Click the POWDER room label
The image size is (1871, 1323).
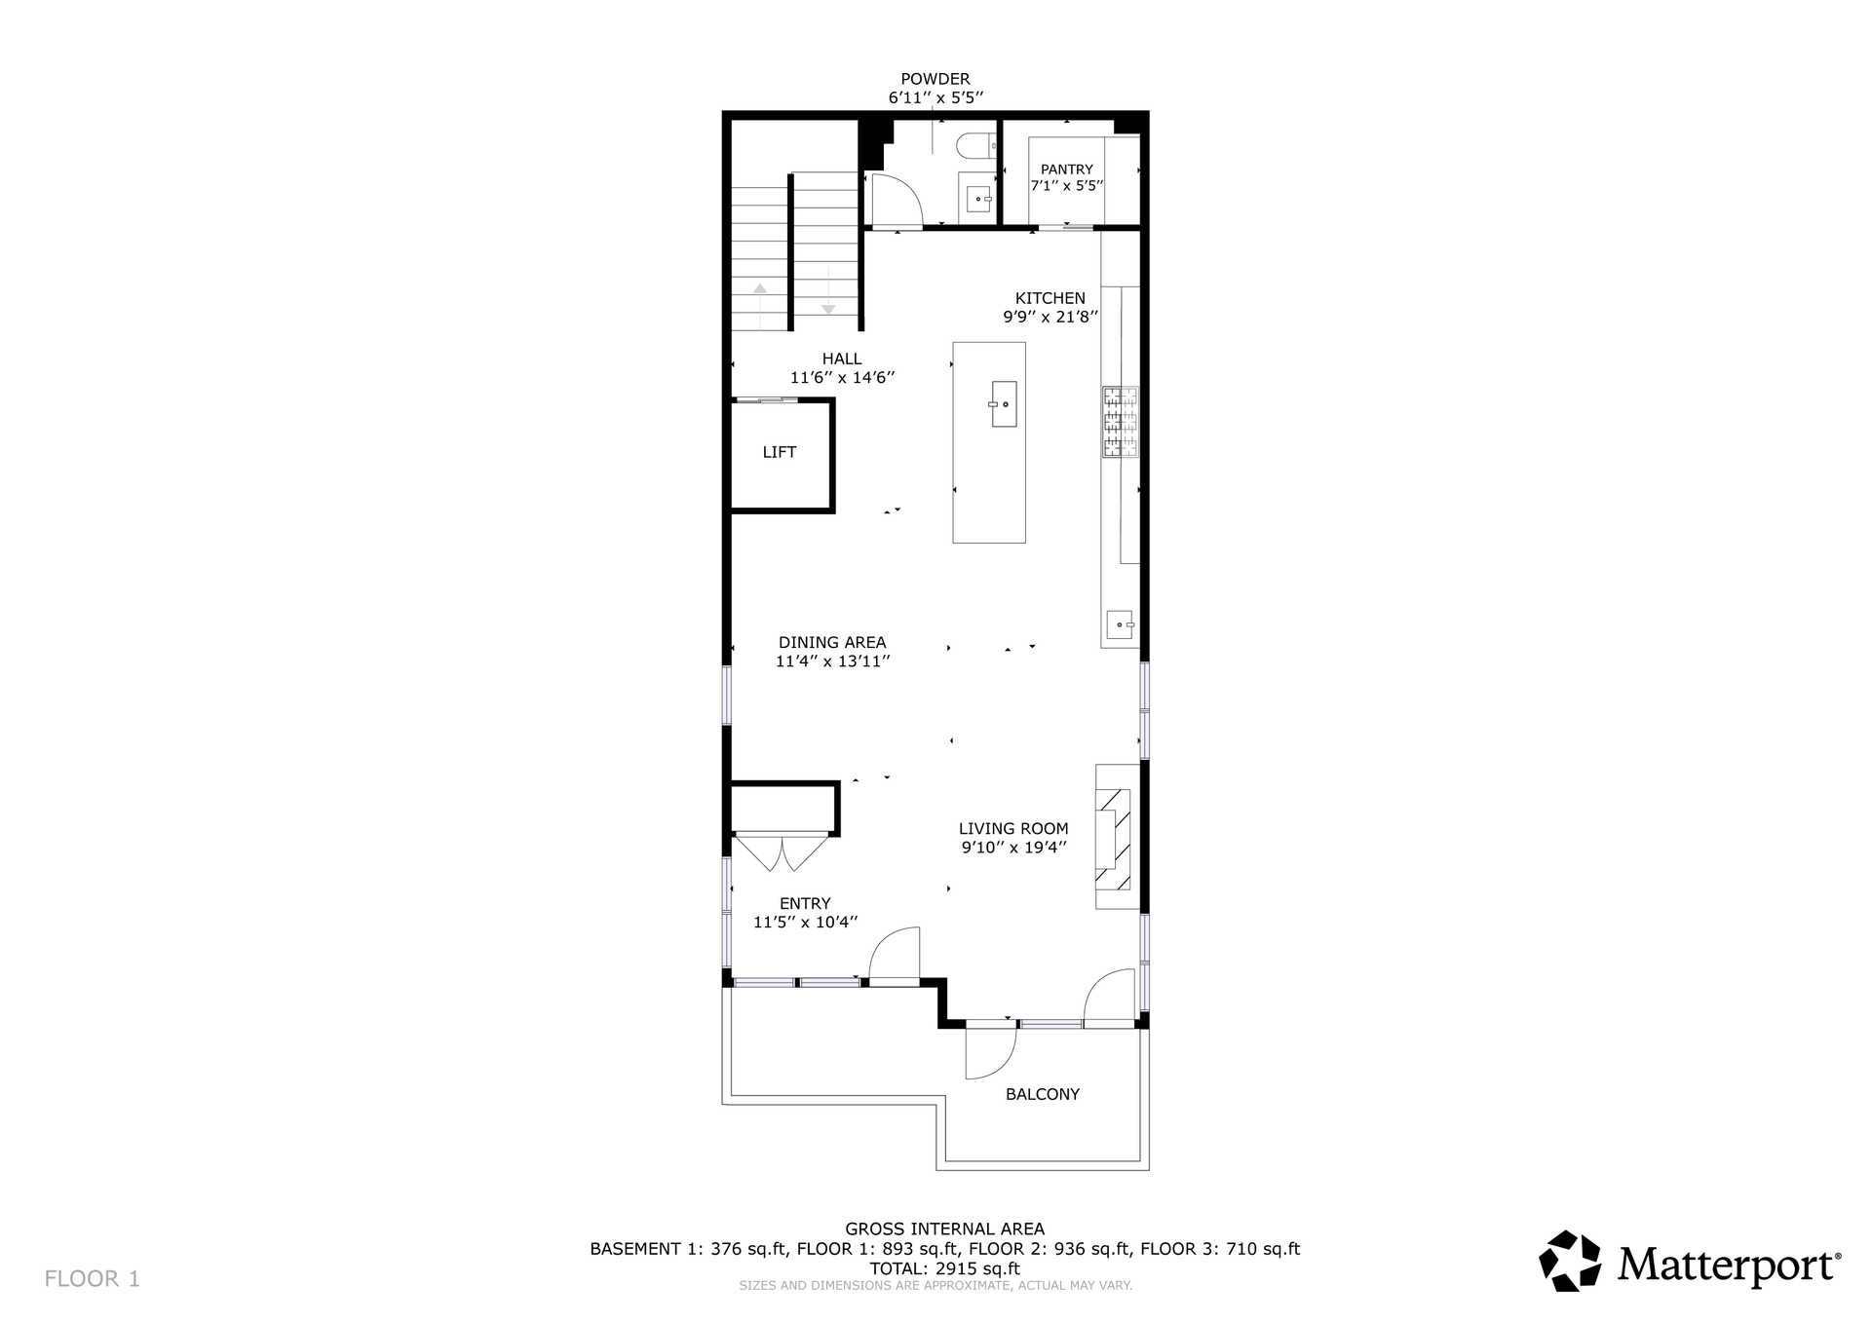click(x=935, y=79)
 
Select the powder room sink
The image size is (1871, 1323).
click(x=978, y=198)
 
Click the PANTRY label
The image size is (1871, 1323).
click(x=1067, y=170)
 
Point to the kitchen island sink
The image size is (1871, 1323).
click(x=1004, y=403)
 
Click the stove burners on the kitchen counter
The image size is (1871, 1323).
click(x=1121, y=422)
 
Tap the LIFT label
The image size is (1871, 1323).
click(x=780, y=452)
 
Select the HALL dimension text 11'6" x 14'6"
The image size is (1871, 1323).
click(x=842, y=378)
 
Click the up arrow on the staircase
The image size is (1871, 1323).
click(x=759, y=301)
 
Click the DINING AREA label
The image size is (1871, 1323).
click(x=832, y=642)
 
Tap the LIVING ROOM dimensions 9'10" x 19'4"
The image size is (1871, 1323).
click(x=1014, y=848)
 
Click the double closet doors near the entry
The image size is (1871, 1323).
click(x=783, y=852)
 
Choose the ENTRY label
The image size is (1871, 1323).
click(x=805, y=903)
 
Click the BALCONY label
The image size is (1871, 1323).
click(x=1043, y=1094)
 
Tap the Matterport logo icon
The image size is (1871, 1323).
click(x=1570, y=1262)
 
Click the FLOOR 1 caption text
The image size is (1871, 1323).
click(x=93, y=1279)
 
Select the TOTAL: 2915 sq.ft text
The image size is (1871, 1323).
click(x=944, y=1268)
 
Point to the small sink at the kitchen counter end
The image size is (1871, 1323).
click(x=1121, y=624)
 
